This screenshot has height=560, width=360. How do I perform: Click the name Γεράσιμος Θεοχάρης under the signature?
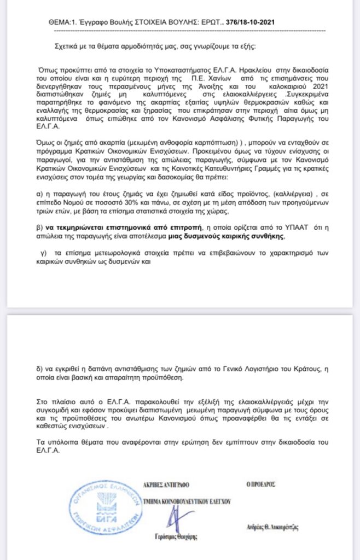(173, 537)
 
